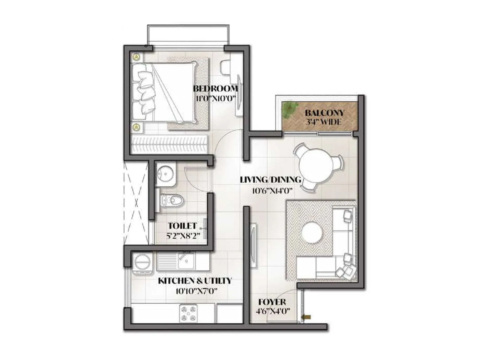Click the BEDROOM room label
[215, 88]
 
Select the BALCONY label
[325, 113]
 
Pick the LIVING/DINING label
[271, 180]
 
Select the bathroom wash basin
[165, 174]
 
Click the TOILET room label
[182, 226]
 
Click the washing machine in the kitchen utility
[142, 263]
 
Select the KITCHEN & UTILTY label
[195, 281]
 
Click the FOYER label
[272, 302]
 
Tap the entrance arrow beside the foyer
[307, 317]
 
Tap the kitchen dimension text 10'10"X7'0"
[196, 291]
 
